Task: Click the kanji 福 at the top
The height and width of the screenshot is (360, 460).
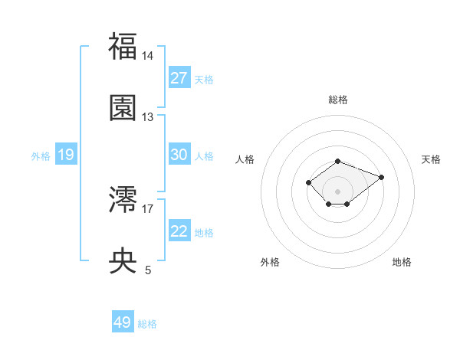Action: pyautogui.click(x=123, y=47)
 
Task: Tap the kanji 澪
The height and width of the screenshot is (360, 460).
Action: pyautogui.click(x=123, y=200)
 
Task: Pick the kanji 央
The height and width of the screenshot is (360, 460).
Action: pyautogui.click(x=123, y=261)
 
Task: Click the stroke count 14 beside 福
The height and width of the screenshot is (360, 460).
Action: pyautogui.click(x=148, y=56)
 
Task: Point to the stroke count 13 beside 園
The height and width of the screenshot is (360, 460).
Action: pyautogui.click(x=148, y=116)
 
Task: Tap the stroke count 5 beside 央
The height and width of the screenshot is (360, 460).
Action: pyautogui.click(x=148, y=270)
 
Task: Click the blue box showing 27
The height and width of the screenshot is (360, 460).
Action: pyautogui.click(x=179, y=77)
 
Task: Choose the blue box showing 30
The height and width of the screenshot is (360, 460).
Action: pyautogui.click(x=179, y=154)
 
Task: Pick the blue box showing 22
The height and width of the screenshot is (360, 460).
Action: pyautogui.click(x=179, y=231)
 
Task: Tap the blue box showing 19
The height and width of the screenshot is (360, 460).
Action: pyautogui.click(x=65, y=155)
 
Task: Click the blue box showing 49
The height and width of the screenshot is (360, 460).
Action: pyautogui.click(x=123, y=322)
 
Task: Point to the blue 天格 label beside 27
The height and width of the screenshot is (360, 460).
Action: pyautogui.click(x=204, y=80)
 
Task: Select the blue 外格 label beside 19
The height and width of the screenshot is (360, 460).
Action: pyautogui.click(x=41, y=156)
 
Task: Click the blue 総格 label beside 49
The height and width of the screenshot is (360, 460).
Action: pyautogui.click(x=147, y=324)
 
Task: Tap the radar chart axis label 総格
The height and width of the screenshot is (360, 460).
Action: pyautogui.click(x=338, y=100)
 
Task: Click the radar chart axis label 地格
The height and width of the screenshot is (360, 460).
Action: pyautogui.click(x=402, y=262)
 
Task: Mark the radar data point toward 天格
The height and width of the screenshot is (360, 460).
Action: pyautogui.click(x=381, y=177)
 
